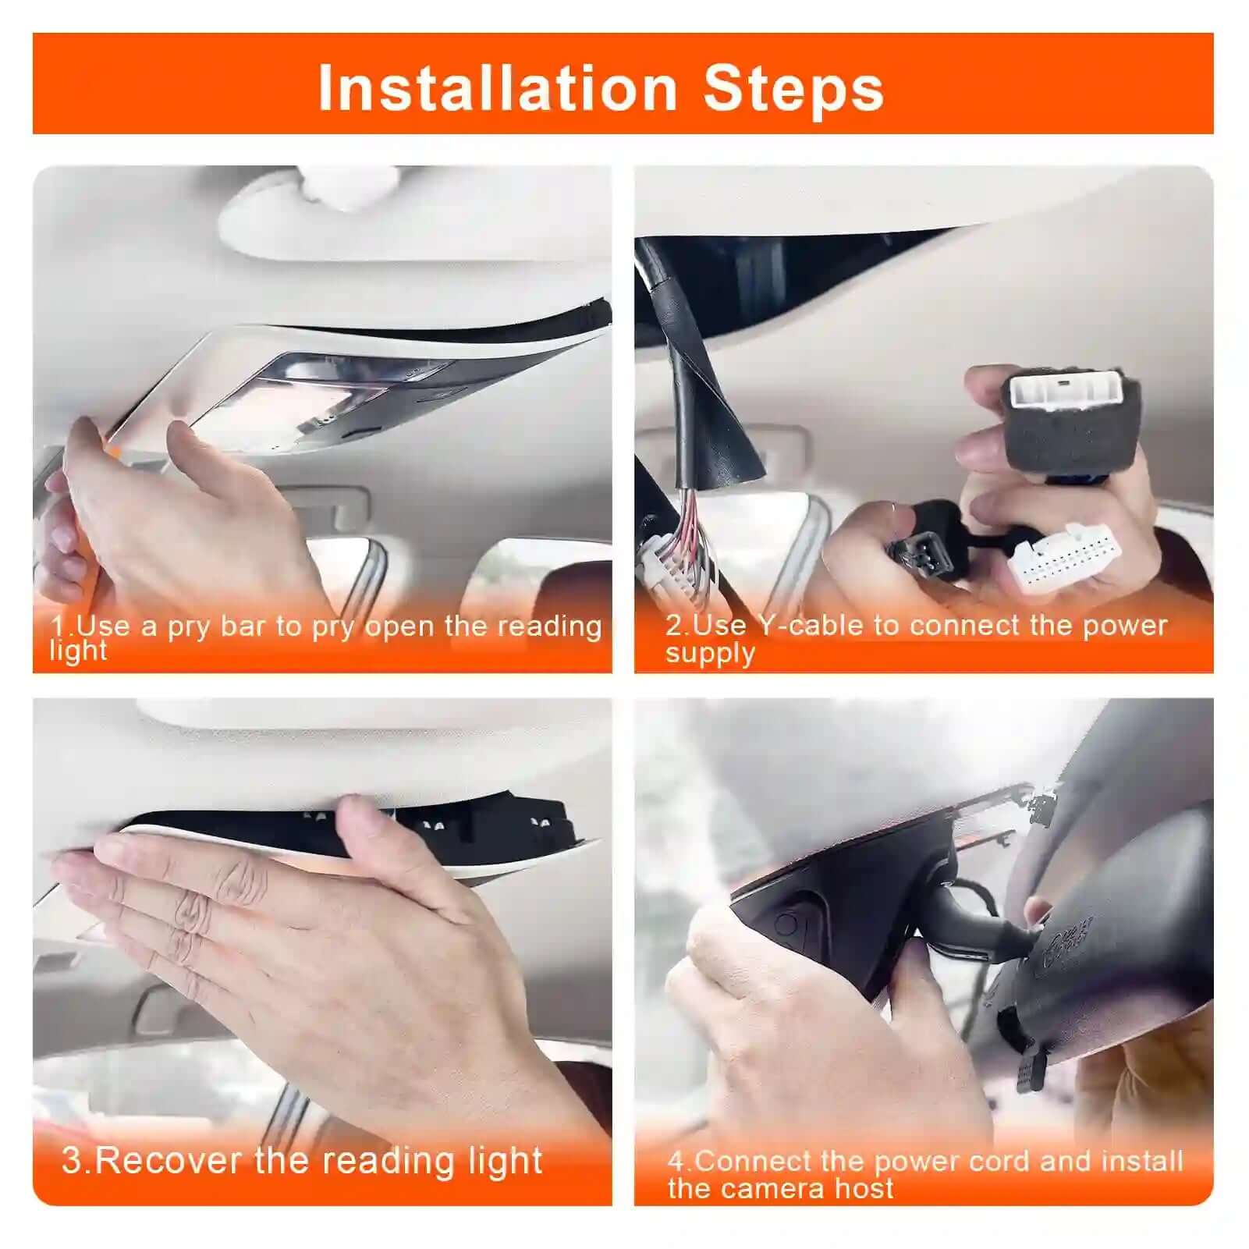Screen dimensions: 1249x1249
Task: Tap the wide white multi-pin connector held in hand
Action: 1065,557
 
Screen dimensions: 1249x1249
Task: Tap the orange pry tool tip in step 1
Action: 113,451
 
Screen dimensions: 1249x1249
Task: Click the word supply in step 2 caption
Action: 710,652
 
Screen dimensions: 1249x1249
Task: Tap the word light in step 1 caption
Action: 78,651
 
